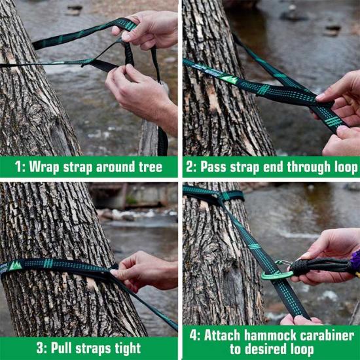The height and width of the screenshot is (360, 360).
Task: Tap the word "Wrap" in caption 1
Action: click(x=44, y=167)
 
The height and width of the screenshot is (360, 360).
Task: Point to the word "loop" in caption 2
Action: click(x=346, y=167)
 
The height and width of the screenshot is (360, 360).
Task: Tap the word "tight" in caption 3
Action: click(x=128, y=348)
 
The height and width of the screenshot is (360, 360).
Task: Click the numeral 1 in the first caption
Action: click(x=18, y=167)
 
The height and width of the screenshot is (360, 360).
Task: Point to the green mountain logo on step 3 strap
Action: click(x=16, y=266)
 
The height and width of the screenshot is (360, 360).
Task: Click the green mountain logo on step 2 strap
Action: click(x=229, y=79)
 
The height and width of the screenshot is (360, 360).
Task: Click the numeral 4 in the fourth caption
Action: click(x=194, y=335)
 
